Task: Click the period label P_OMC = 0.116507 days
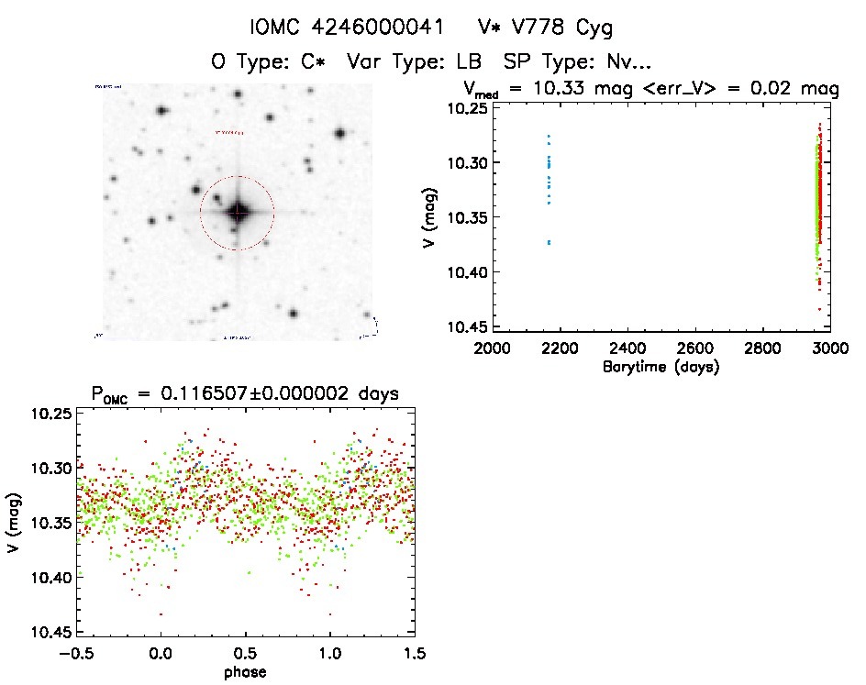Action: click(245, 394)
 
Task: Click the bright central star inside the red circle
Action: click(238, 212)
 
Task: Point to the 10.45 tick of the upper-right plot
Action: click(466, 327)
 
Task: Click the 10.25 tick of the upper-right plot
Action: click(466, 108)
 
